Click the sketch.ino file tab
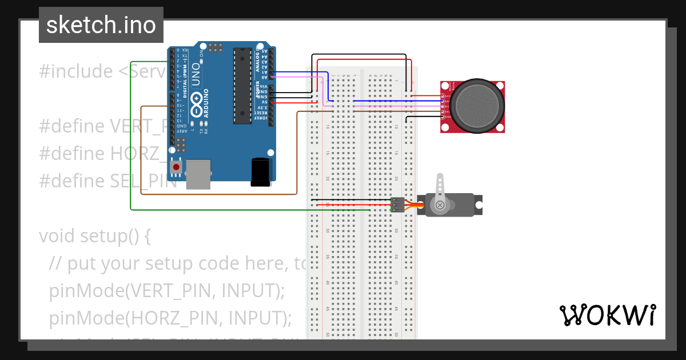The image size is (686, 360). point(101,25)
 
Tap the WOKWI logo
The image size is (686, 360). point(607,315)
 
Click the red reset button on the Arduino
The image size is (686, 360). point(177,167)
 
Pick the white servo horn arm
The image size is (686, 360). point(440,189)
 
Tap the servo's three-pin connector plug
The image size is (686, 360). point(397,204)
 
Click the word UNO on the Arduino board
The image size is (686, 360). point(196,79)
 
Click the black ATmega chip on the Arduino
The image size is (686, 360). point(242,86)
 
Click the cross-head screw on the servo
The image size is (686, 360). point(440,205)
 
